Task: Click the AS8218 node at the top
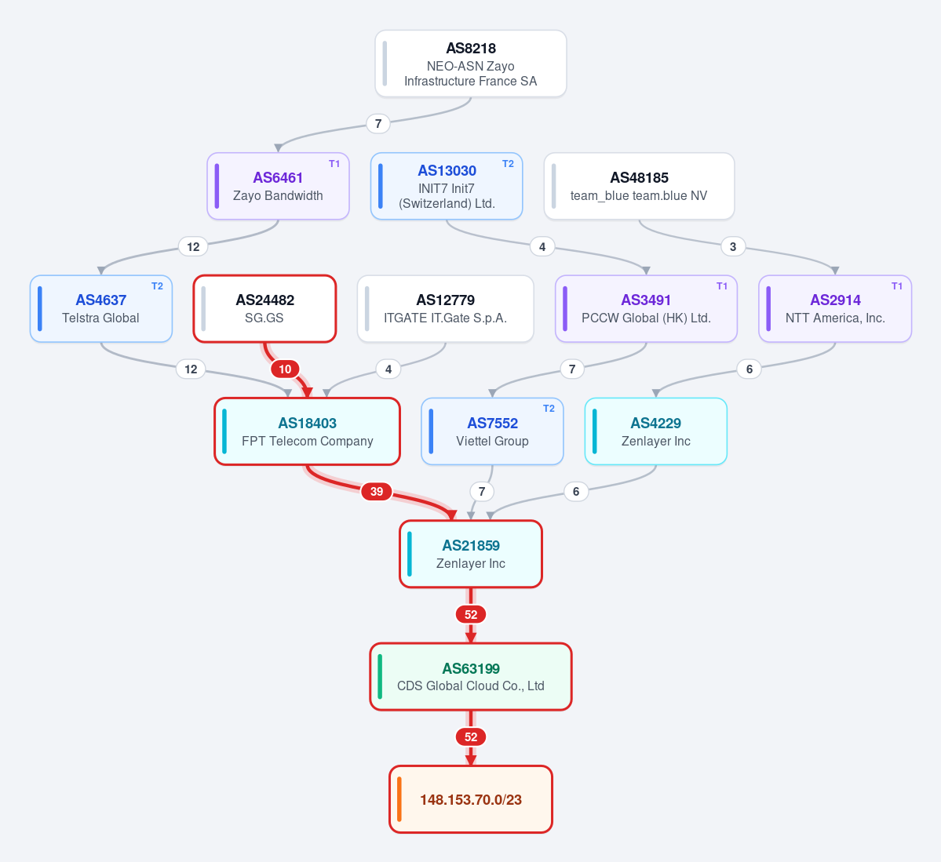pos(471,64)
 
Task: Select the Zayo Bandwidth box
pos(278,186)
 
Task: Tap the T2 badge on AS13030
pos(508,164)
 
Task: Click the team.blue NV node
pos(639,186)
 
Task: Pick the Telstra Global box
pos(100,309)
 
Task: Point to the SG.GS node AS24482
pos(264,309)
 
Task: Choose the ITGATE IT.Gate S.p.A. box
pos(445,309)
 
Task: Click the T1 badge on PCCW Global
pos(722,286)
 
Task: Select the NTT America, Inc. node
pos(835,309)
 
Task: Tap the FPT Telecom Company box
pos(308,431)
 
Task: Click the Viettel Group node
pos(492,431)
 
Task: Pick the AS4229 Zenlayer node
pos(656,431)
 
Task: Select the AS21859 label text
pos(471,545)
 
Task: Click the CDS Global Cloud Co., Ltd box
pos(471,677)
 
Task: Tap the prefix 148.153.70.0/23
pos(471,799)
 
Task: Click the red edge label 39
pos(376,492)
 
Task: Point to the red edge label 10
pos(285,369)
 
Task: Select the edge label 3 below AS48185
pos(733,246)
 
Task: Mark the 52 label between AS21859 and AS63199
pos(471,614)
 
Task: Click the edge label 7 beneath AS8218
pos(378,124)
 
